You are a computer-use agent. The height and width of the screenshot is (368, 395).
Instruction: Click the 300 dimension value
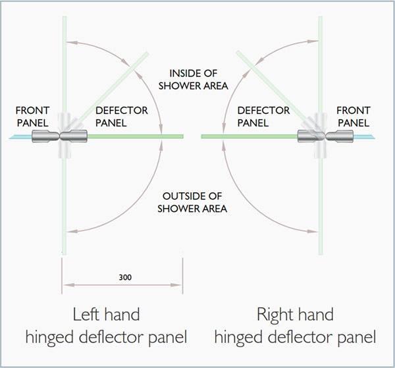click(x=125, y=277)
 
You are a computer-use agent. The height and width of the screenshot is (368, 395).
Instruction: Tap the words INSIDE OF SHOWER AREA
click(x=193, y=80)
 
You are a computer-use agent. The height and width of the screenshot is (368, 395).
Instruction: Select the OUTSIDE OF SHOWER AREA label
click(x=192, y=202)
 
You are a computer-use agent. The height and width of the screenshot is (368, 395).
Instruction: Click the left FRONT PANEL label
click(x=32, y=117)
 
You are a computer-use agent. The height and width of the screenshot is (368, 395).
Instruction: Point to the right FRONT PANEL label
click(x=354, y=117)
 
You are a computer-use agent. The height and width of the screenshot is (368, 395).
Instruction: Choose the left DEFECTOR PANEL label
click(x=122, y=117)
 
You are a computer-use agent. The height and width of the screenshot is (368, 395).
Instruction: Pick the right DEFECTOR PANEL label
click(x=263, y=117)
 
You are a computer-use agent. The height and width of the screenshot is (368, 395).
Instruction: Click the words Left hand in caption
click(x=106, y=315)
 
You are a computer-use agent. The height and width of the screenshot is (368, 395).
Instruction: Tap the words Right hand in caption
click(x=295, y=315)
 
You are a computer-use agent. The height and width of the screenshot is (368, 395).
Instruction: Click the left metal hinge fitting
click(x=60, y=136)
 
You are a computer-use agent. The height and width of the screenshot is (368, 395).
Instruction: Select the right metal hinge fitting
click(x=325, y=136)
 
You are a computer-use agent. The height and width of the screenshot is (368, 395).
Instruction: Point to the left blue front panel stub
click(x=20, y=137)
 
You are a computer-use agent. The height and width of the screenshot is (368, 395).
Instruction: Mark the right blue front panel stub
click(x=364, y=137)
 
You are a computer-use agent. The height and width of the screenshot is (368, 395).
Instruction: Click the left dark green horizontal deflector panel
click(x=135, y=136)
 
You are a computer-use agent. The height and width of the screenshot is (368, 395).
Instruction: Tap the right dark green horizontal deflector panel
click(x=250, y=136)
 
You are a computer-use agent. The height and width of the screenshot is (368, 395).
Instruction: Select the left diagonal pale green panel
click(x=114, y=87)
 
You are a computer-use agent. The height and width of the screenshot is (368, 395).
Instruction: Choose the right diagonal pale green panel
click(x=271, y=86)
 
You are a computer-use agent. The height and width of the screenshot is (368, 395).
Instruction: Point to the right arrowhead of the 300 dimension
click(x=176, y=285)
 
